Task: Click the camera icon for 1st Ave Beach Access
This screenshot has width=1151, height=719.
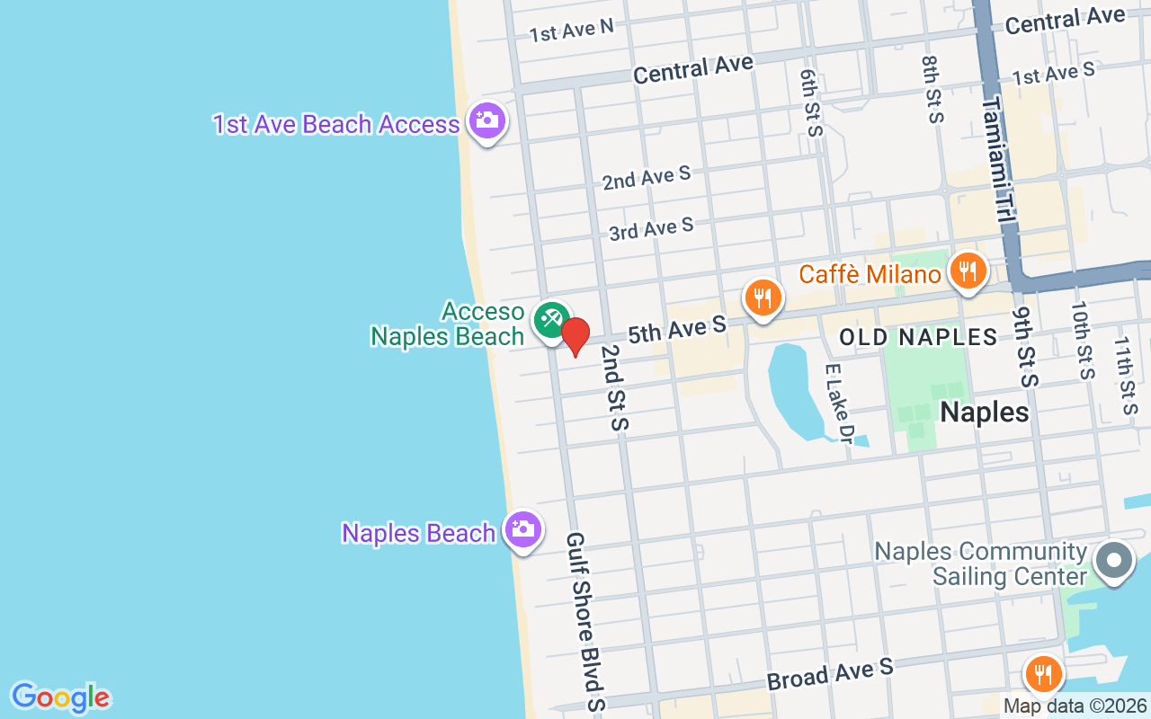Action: coord(487,120)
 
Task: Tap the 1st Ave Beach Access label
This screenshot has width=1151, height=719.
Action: coord(336,124)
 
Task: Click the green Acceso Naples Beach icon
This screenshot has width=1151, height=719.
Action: coord(550,319)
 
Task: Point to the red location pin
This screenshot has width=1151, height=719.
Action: coord(575,336)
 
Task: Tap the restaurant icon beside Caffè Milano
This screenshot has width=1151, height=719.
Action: coord(967,271)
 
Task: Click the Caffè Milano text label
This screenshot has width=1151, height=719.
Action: coord(870,273)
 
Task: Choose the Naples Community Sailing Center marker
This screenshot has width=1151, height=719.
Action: coord(1114,560)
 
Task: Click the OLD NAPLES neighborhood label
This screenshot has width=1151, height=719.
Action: coord(918,338)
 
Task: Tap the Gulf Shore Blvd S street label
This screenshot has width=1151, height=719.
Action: coord(584,620)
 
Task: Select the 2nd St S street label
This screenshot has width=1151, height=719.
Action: coord(613,386)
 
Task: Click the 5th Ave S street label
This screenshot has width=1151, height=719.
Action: coord(676,330)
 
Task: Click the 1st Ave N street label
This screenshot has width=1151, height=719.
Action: coord(571,31)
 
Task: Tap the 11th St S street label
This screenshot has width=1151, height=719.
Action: coord(1125,376)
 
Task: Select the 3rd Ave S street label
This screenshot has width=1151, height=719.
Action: coord(651,229)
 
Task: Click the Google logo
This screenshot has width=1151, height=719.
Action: coord(60,697)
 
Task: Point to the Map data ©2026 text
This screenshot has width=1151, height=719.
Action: coord(1075,706)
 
